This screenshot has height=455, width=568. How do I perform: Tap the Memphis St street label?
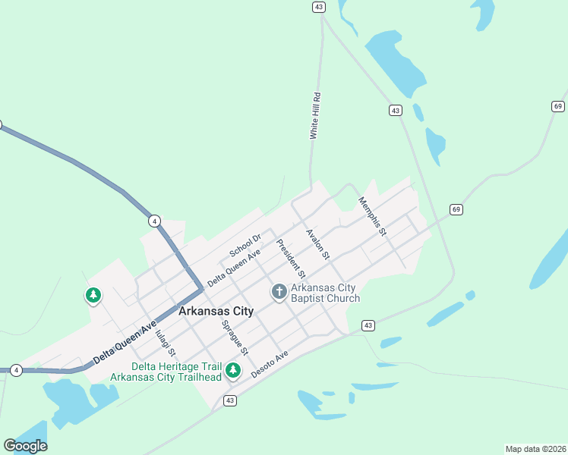coord(372,215)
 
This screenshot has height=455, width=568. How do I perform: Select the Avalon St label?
coord(317,243)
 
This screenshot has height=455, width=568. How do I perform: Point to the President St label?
coord(291,258)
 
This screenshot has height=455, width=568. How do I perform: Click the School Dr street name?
coord(245,245)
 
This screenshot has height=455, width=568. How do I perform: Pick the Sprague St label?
coord(235,337)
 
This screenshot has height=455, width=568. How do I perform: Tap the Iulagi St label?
coord(165,343)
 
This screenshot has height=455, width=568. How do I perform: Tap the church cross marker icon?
coord(279,291)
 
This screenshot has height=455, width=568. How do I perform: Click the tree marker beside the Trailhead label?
coord(234,370)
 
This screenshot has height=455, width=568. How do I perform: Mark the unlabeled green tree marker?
coord(93,294)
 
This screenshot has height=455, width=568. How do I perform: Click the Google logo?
coord(25,445)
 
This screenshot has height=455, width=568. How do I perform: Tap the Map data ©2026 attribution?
coord(535,448)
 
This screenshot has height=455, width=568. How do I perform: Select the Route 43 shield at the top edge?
coord(318,6)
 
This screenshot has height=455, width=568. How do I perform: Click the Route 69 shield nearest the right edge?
coord(558,105)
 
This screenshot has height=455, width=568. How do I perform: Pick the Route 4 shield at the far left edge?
coord(16,369)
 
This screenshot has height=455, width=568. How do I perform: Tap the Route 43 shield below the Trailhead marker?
coord(229,400)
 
